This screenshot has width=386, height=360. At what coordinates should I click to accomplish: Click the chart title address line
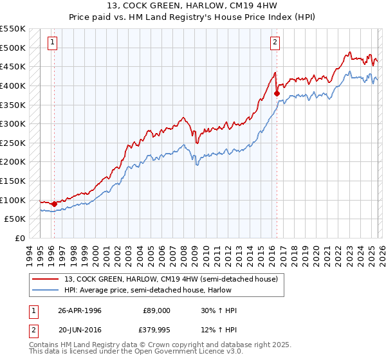(x=192, y=6)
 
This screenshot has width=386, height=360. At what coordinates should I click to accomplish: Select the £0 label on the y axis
(x=21, y=239)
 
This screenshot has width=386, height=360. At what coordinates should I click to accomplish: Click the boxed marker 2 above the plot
(x=275, y=43)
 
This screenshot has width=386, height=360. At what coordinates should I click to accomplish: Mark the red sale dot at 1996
(x=54, y=204)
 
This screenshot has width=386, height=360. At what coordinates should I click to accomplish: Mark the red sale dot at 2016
(x=277, y=93)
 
